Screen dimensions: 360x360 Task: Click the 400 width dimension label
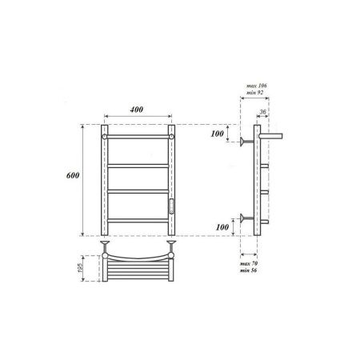138,110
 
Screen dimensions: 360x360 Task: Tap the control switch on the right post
171,206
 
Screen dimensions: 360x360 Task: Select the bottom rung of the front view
138,218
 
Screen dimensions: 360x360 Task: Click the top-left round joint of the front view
105,138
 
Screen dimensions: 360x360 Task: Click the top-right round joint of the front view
171,138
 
